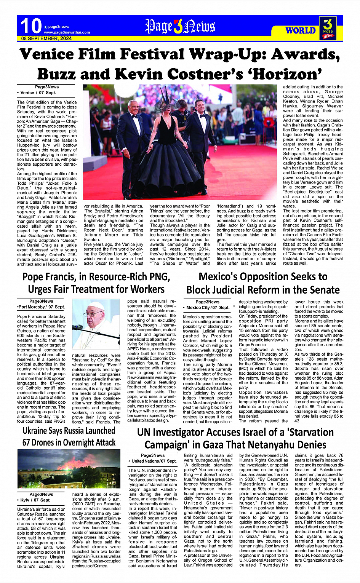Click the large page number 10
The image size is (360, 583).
pyautogui.click(x=30, y=26)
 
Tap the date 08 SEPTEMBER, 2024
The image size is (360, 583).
pyautogui.click(x=46, y=38)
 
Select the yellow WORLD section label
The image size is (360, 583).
pyautogui.click(x=301, y=30)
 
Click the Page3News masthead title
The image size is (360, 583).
pyautogui.click(x=180, y=27)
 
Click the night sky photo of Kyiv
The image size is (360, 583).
pyautogui.click(x=69, y=468)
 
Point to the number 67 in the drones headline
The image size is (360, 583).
pyautogui.click(x=27, y=442)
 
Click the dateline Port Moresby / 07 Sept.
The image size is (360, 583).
pyautogui.click(x=41, y=307)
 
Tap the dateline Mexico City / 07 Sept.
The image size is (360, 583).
pyautogui.click(x=208, y=307)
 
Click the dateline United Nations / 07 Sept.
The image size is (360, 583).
pyautogui.click(x=154, y=461)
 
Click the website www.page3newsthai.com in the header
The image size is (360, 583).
pyautogui.click(x=67, y=32)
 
